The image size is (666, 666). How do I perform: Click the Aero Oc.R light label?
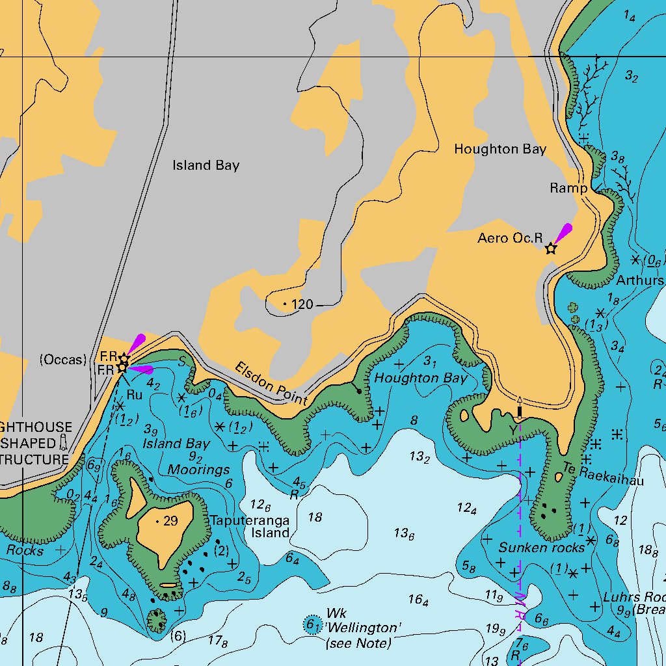509,239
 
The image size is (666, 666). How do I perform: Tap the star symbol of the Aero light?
551,248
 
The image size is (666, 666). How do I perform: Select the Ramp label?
568,188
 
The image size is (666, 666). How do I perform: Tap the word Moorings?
198,470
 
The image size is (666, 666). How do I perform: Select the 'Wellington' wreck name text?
364,628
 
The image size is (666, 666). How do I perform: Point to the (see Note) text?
358,643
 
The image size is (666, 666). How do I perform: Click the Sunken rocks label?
542,548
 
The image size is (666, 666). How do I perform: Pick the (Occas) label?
62,360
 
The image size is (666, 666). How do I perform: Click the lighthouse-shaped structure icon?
63,443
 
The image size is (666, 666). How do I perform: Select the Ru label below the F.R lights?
135,394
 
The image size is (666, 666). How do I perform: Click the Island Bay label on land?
206,166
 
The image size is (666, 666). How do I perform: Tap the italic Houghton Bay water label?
421,378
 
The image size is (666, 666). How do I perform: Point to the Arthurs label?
640,281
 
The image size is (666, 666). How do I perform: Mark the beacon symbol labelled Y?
520,410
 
